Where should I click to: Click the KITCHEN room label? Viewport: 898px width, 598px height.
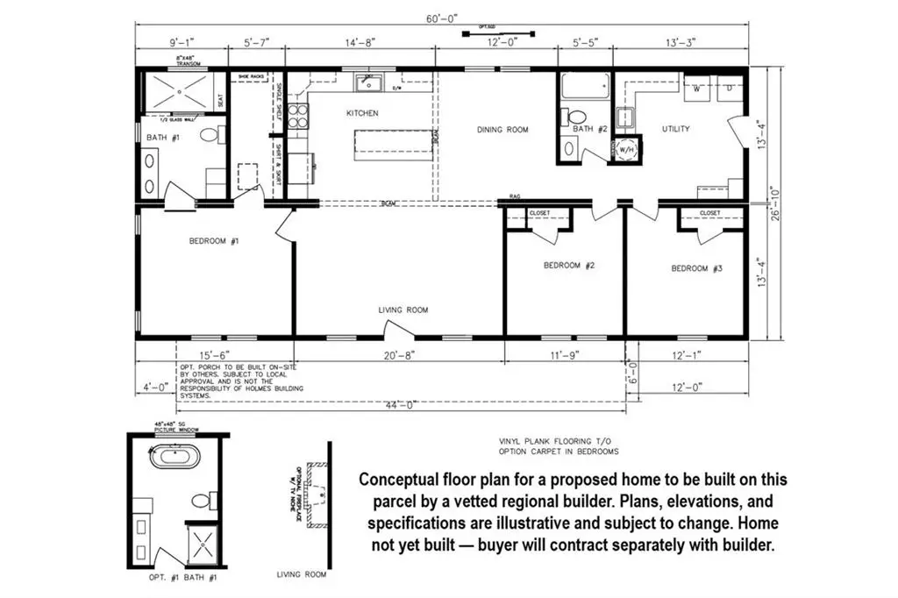tap(362, 114)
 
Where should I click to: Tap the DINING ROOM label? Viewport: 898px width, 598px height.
tap(502, 130)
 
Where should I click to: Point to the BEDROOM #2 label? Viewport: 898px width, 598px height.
tap(569, 266)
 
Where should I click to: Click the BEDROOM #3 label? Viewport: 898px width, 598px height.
tap(696, 268)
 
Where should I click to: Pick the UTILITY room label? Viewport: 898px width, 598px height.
tap(675, 129)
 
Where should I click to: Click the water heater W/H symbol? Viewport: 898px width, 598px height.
tap(626, 150)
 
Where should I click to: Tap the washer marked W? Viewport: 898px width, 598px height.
tap(699, 89)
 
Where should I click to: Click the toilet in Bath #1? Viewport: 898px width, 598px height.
tap(210, 136)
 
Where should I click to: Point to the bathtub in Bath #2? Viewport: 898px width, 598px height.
tap(584, 88)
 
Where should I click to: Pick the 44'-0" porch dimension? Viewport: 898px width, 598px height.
tap(403, 404)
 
